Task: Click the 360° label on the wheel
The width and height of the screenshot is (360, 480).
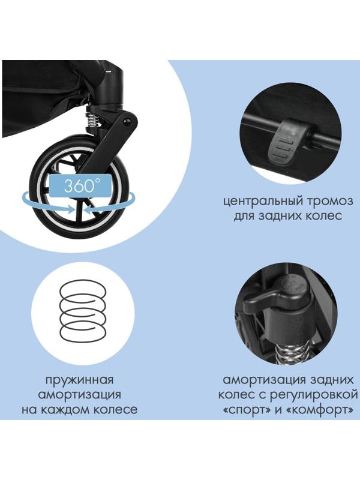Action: click(x=80, y=185)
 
